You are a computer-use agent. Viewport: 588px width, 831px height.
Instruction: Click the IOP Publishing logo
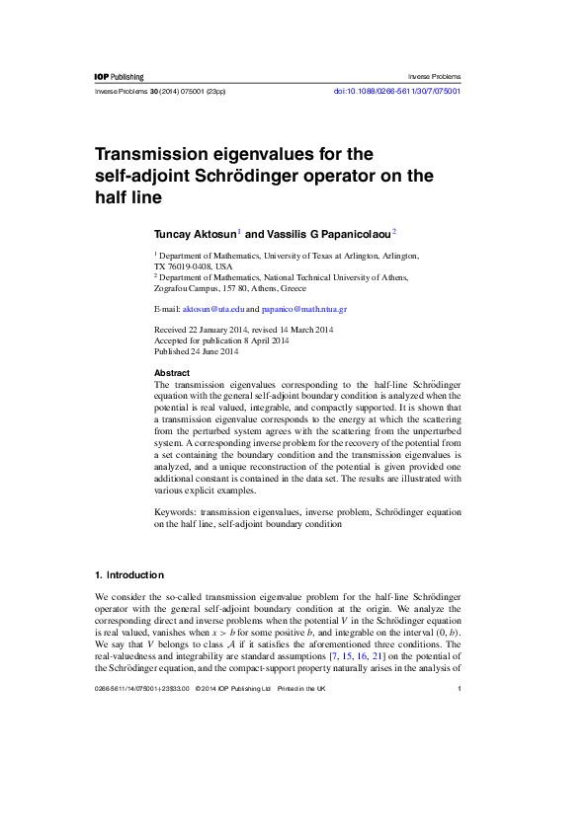pos(119,77)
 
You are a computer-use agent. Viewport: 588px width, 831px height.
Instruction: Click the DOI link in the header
pos(397,91)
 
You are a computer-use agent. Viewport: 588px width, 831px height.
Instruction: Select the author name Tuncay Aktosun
pos(194,234)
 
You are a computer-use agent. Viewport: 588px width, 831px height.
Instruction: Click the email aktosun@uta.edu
pos(213,309)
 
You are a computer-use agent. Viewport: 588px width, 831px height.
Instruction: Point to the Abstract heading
pos(172,373)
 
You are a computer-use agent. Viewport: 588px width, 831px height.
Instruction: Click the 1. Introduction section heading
pos(128,574)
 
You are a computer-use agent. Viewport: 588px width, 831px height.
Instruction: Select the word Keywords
pos(175,513)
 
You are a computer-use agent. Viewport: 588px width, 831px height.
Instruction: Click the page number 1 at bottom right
pos(461,688)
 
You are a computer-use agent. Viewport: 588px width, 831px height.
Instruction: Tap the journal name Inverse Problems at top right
pos(434,77)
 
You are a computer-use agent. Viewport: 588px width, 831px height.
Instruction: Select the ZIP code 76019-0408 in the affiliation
pos(192,266)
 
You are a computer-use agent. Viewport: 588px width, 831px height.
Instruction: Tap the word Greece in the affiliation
pos(292,288)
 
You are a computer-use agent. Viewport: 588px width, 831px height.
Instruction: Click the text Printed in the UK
pos(301,688)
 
